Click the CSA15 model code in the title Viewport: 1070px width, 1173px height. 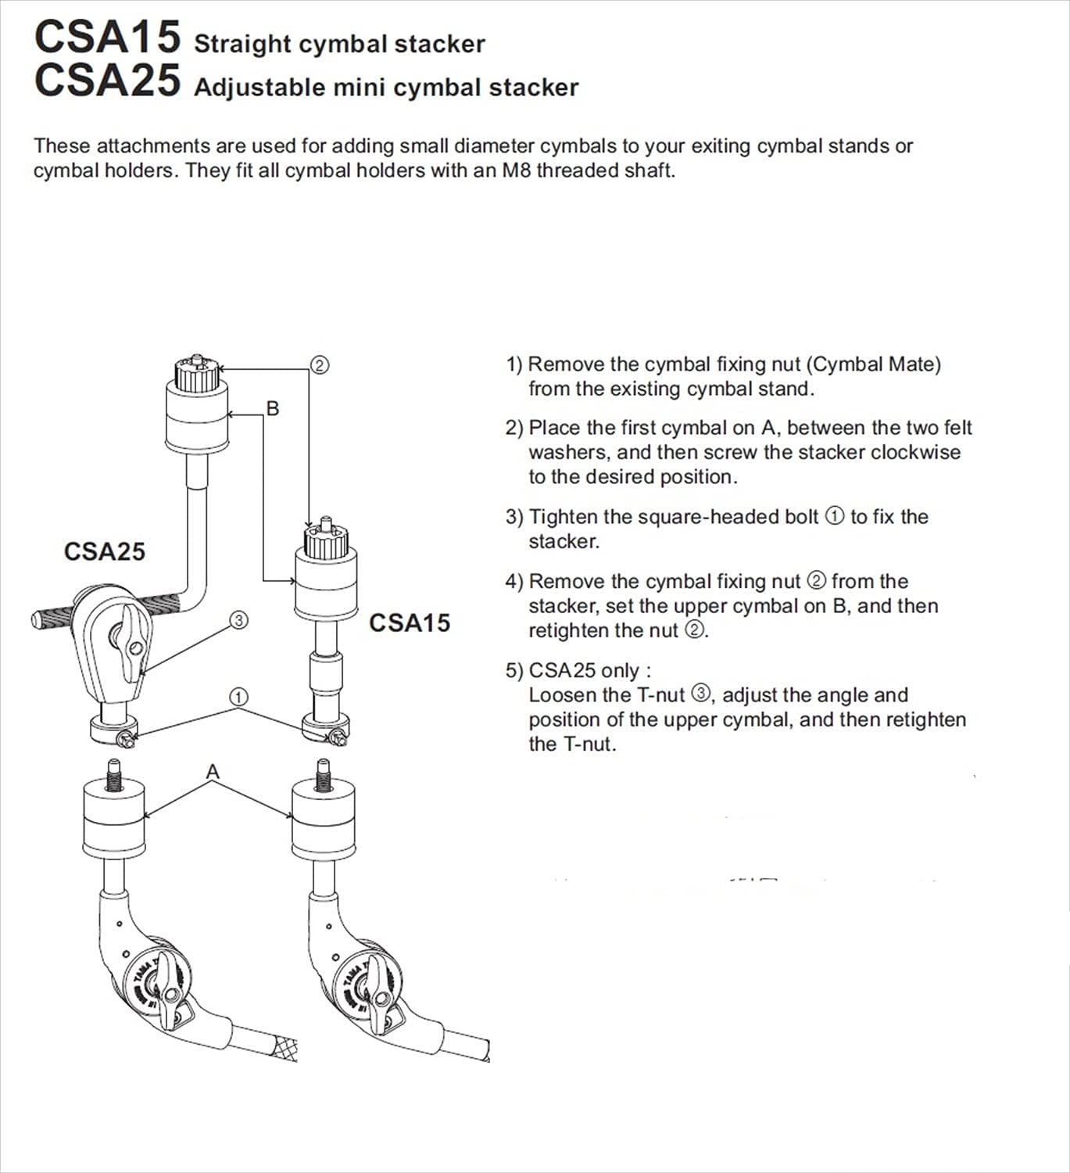point(107,37)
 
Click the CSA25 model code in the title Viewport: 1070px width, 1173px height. point(107,81)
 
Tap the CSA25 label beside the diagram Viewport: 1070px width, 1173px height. point(104,551)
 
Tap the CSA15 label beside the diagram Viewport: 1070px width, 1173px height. point(410,622)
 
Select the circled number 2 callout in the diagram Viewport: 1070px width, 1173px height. point(319,365)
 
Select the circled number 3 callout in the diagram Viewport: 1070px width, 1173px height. point(239,620)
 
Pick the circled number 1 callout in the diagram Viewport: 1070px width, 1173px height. point(239,696)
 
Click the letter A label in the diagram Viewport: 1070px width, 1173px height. point(213,772)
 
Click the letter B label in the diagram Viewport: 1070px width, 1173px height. point(273,408)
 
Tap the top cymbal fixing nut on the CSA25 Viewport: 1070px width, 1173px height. point(196,374)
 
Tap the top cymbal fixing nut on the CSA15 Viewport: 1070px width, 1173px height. point(326,540)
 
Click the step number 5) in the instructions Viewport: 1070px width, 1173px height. point(514,670)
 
